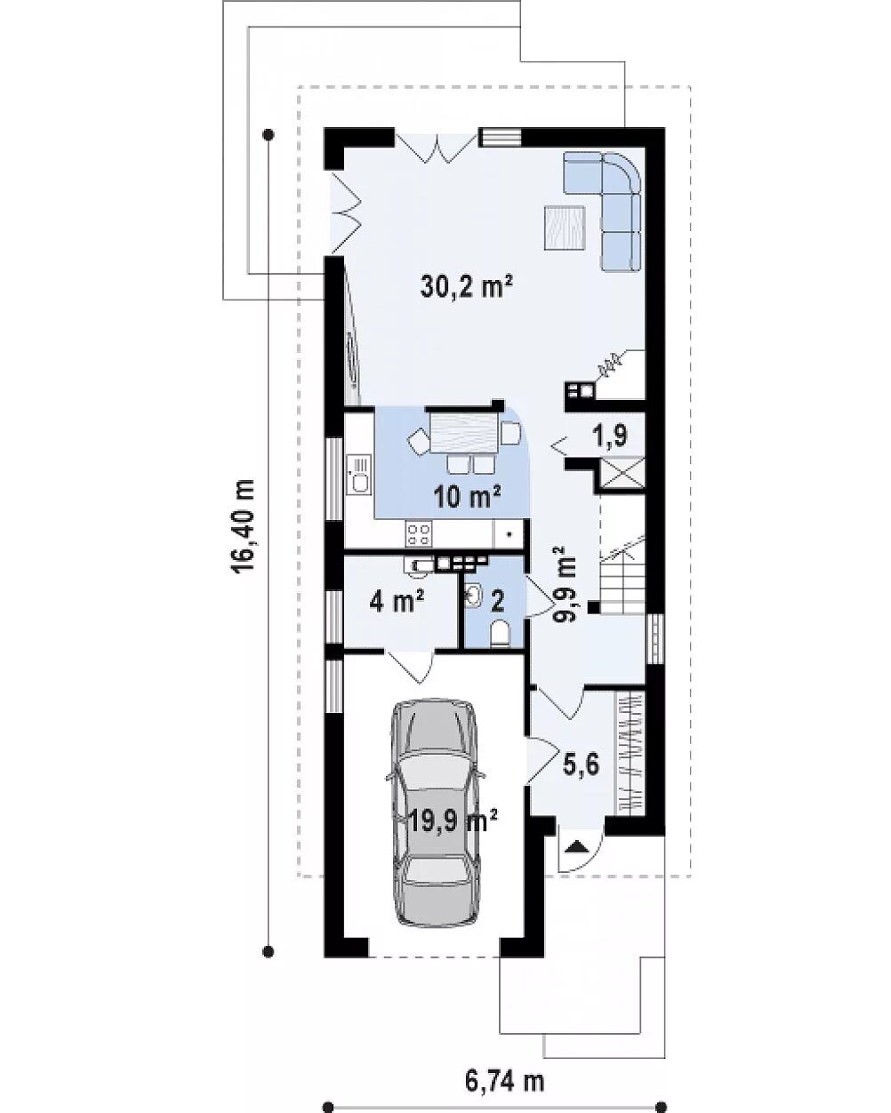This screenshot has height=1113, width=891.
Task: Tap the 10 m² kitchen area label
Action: (x=467, y=497)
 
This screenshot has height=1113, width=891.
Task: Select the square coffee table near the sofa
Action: (x=565, y=228)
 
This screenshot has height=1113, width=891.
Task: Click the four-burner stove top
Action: (x=419, y=533)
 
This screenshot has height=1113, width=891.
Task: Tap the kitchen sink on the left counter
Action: (x=359, y=474)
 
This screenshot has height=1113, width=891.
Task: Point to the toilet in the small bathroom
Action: (x=500, y=634)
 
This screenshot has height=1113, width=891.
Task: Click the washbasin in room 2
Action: (x=472, y=594)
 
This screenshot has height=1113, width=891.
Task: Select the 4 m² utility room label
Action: (x=397, y=602)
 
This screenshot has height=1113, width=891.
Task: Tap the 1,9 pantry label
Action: (x=611, y=435)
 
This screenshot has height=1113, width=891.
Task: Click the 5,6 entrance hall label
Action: (x=582, y=765)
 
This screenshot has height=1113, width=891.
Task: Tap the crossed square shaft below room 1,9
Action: (x=622, y=471)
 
